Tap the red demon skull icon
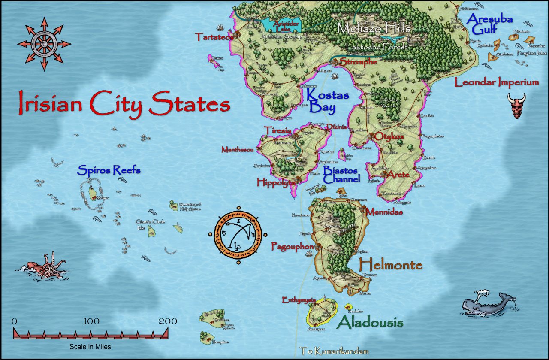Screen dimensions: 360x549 516,106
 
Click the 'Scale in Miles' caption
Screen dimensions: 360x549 90,347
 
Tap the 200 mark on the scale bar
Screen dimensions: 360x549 168,321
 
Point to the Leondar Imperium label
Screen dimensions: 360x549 497,82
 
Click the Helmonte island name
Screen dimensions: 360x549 391,265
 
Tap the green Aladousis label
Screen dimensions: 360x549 371,322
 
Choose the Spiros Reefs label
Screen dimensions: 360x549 109,170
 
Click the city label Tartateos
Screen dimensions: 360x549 214,37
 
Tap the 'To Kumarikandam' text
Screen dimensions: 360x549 334,351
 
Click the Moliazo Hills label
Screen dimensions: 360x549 374,29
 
